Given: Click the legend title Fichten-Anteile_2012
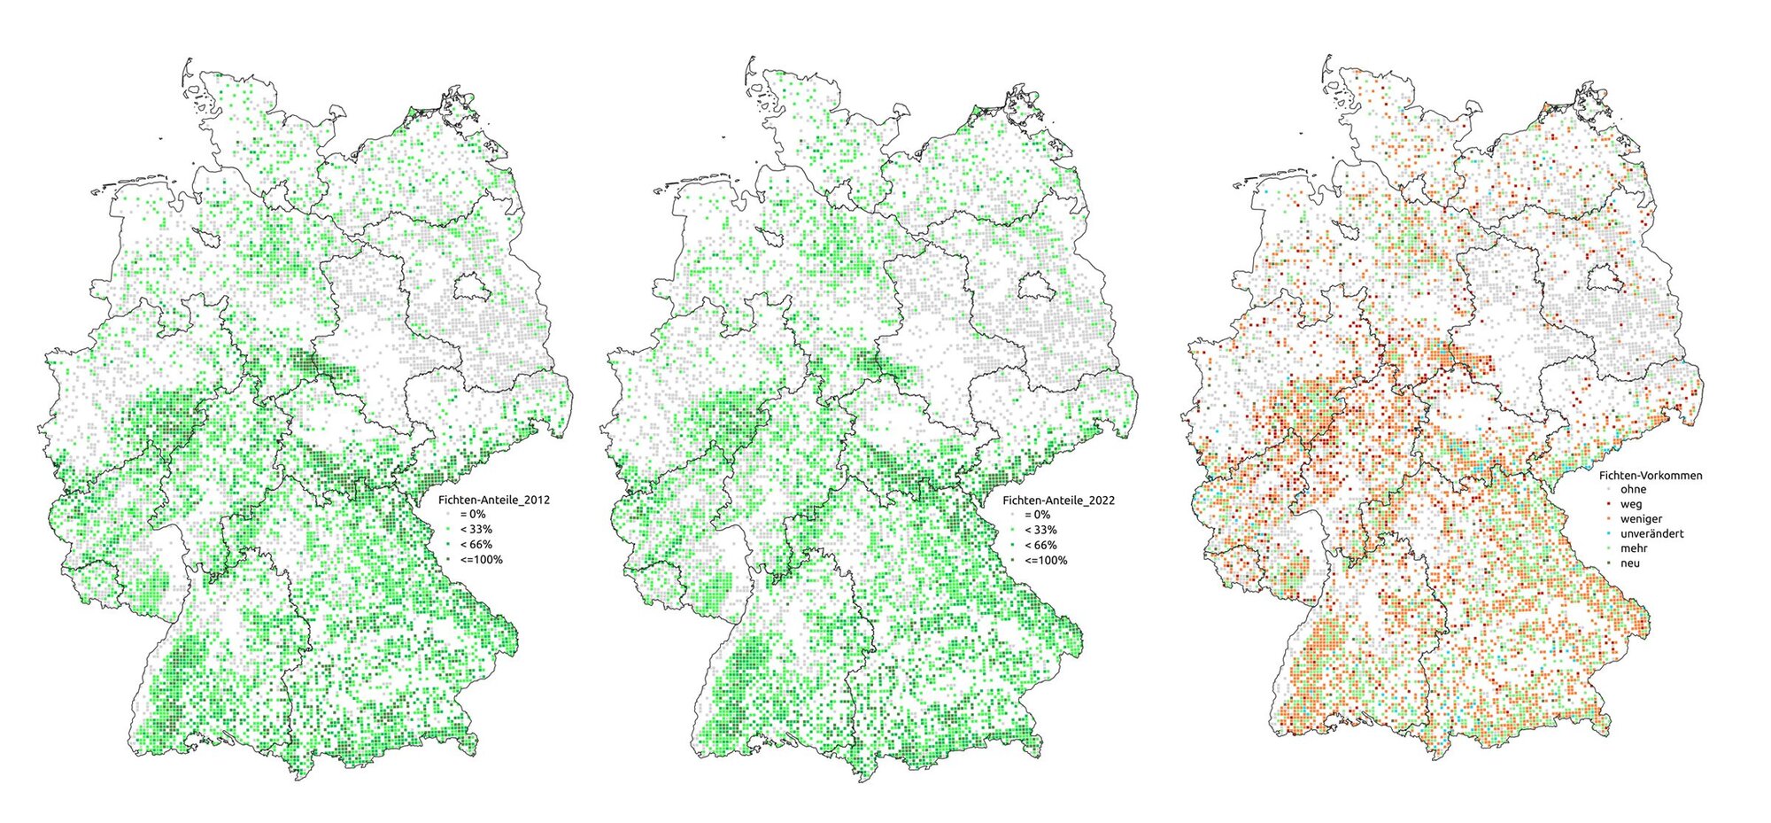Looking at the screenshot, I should coord(494,500).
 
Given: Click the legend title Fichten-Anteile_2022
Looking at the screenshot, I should coord(1058,501).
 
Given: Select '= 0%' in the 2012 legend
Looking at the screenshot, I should coord(472,515).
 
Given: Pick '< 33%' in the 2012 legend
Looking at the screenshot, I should coord(476,530).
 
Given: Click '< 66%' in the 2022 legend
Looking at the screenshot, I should coord(1040,545).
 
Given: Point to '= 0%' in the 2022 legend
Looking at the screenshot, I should coord(1037,515).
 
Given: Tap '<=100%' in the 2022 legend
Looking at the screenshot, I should coord(1046,560).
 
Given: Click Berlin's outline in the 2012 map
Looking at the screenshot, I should coord(470,286).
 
